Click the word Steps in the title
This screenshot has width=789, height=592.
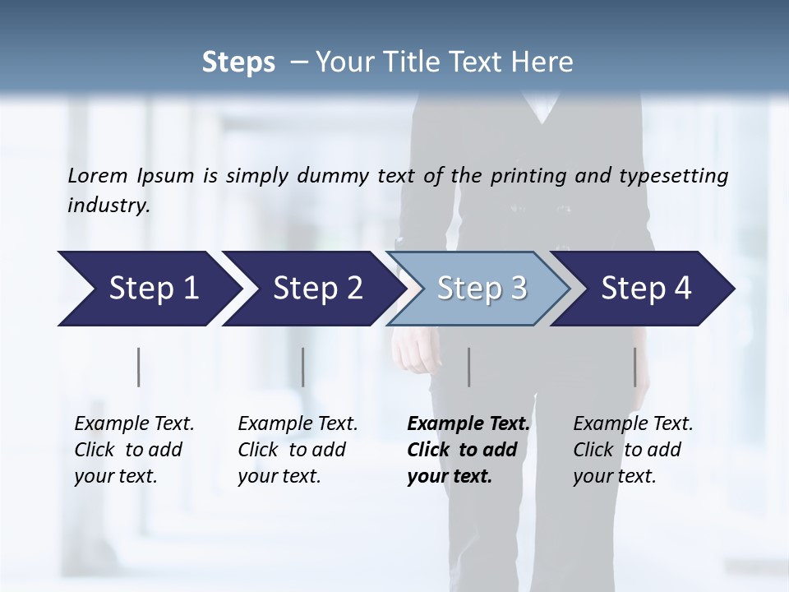click(x=238, y=62)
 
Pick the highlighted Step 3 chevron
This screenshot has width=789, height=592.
click(x=482, y=289)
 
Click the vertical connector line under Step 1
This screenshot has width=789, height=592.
click(x=139, y=367)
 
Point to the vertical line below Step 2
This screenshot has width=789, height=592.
click(x=303, y=367)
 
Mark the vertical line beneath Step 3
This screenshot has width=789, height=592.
click(x=468, y=367)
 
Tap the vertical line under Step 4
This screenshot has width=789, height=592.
click(x=634, y=367)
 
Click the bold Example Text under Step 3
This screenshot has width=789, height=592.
click(x=468, y=450)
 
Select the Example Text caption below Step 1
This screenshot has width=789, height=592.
click(x=134, y=450)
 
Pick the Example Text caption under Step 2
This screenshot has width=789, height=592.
click(x=298, y=450)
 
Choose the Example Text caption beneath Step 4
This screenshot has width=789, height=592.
click(x=633, y=450)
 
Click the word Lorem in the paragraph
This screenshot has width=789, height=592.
click(x=98, y=175)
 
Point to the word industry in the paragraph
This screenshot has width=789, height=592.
click(x=108, y=206)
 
